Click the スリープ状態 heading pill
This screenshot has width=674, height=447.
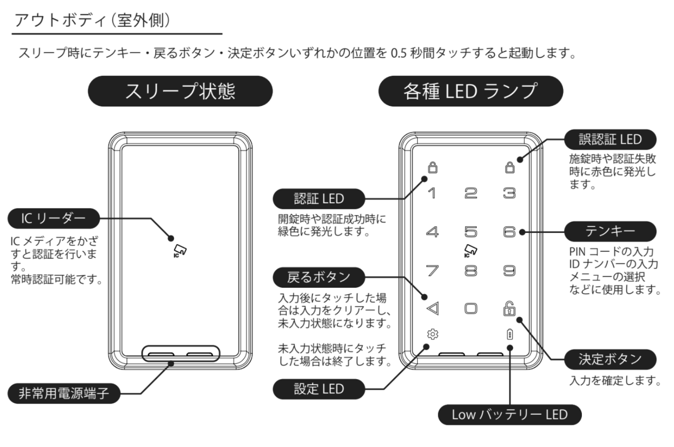pyautogui.click(x=180, y=91)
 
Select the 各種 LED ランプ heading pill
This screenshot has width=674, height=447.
pyautogui.click(x=471, y=91)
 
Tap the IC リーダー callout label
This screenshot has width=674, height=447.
pyautogui.click(x=54, y=218)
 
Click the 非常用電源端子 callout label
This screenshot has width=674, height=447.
pyautogui.click(x=64, y=393)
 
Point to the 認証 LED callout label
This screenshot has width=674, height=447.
pyautogui.click(x=319, y=199)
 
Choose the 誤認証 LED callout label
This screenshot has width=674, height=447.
pyautogui.click(x=610, y=140)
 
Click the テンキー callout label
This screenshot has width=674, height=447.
pyautogui.click(x=610, y=231)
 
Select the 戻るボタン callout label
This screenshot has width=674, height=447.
pyautogui.click(x=319, y=277)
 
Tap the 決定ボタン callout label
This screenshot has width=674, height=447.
pyautogui.click(x=610, y=359)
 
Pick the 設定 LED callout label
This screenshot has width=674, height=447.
pyautogui.click(x=319, y=389)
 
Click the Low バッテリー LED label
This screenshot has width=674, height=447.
pyautogui.click(x=509, y=415)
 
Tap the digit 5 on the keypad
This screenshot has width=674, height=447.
pyautogui.click(x=471, y=232)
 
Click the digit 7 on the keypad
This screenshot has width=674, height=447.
pyautogui.click(x=432, y=270)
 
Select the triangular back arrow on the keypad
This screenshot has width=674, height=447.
pyautogui.click(x=433, y=308)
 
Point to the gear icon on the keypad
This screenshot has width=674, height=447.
pyautogui.click(x=433, y=334)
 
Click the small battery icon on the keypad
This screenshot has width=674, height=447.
pyautogui.click(x=510, y=334)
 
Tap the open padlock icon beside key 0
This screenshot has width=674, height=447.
pyautogui.click(x=509, y=308)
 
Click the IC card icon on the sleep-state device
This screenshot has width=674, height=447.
pyautogui.click(x=180, y=251)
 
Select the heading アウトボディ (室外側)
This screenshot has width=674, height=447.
pyautogui.click(x=92, y=21)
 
